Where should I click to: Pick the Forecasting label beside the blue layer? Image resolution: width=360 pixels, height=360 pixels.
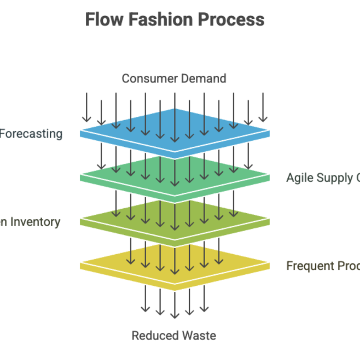coord(31,133)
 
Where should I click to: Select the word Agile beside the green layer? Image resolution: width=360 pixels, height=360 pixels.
coord(300,178)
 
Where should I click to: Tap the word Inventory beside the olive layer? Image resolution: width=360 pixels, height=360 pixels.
coord(34,222)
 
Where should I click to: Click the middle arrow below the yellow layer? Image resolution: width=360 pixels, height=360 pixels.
coord(174,304)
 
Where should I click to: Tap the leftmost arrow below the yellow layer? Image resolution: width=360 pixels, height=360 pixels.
coord(145,299)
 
